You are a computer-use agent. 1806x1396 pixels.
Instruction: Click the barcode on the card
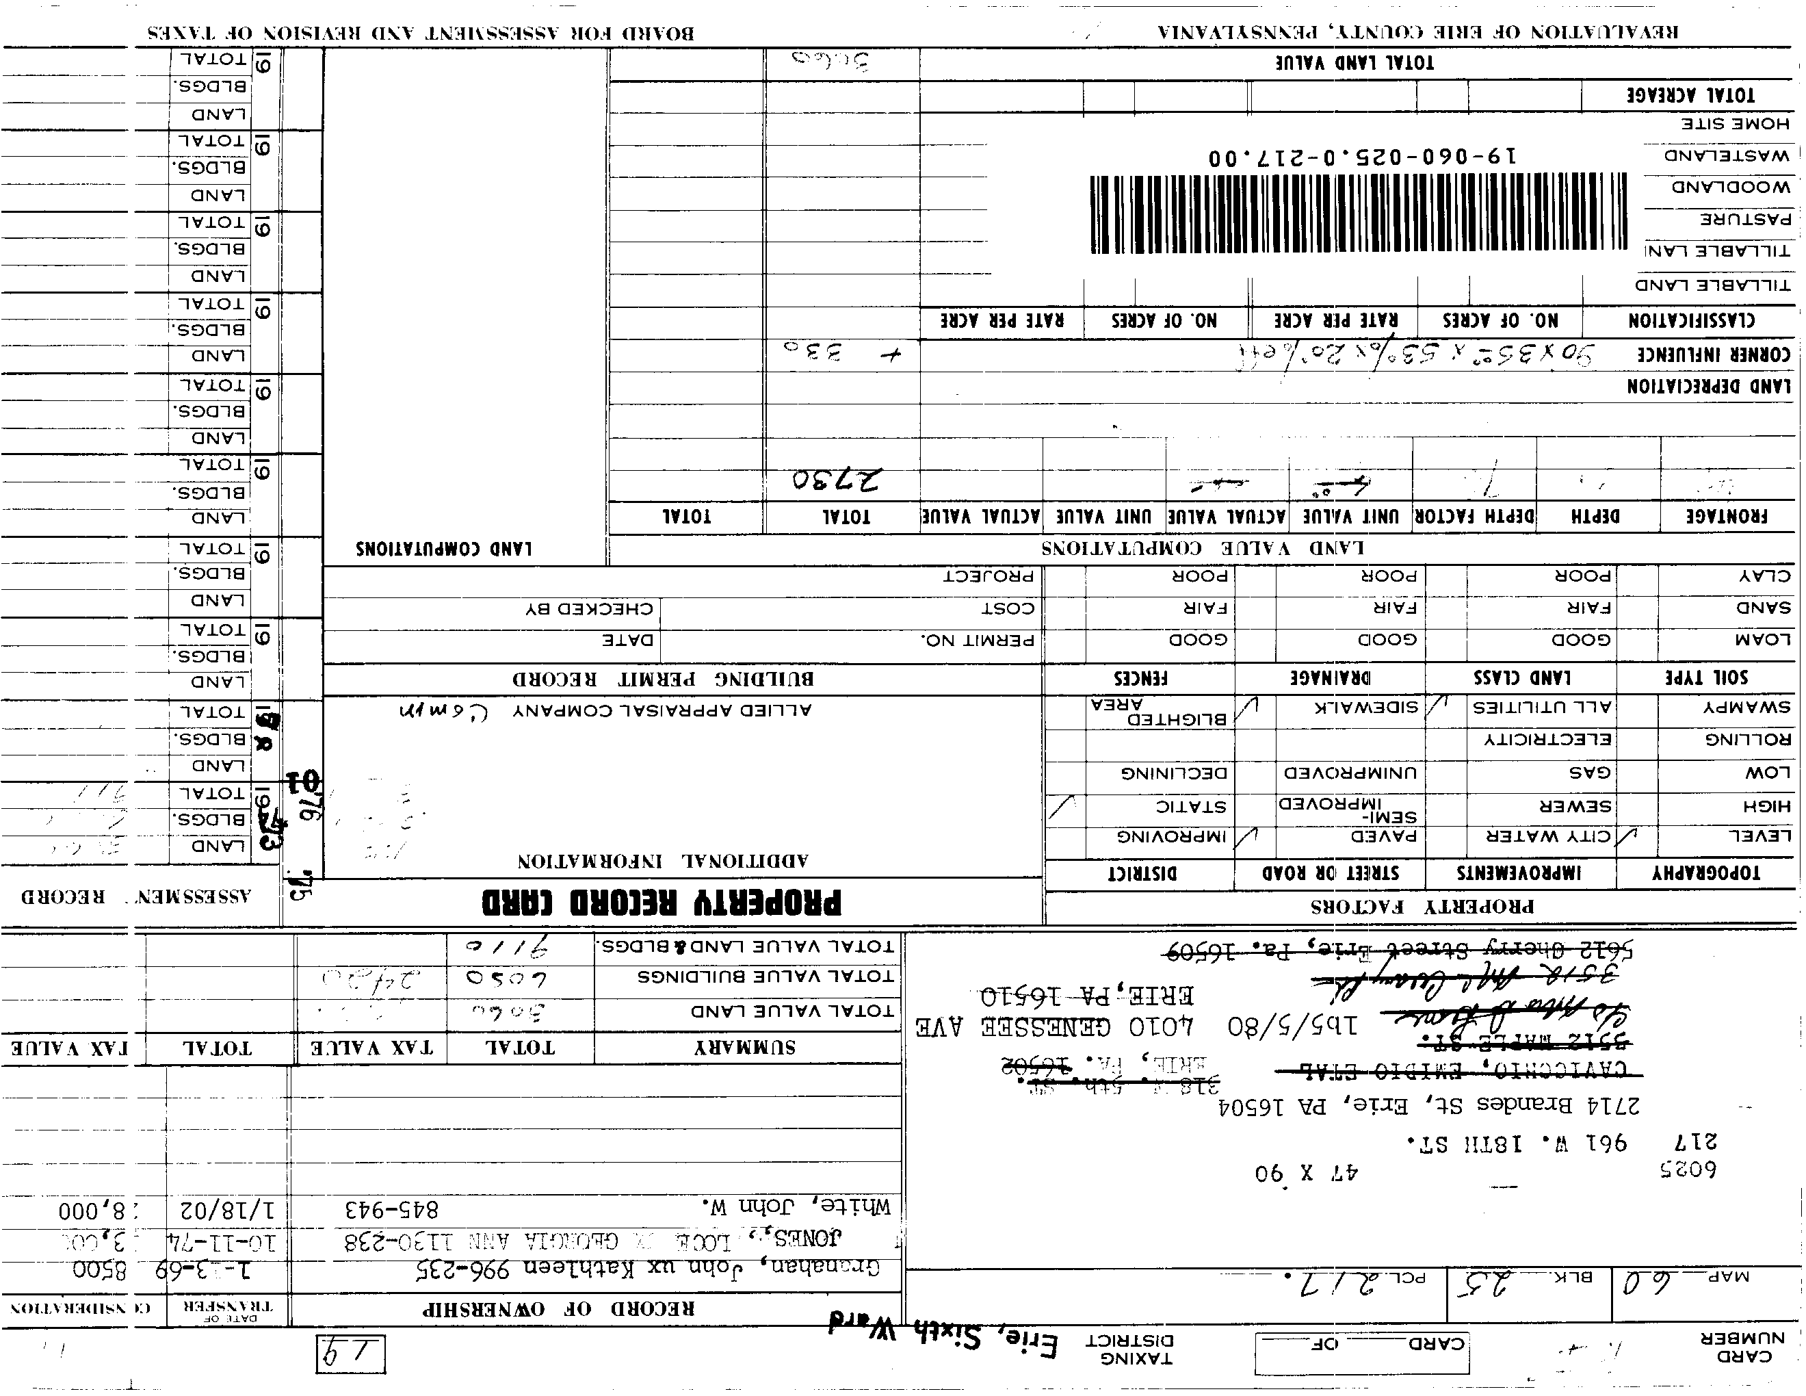pos(1356,214)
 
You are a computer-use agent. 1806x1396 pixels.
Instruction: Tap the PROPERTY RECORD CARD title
pos(662,901)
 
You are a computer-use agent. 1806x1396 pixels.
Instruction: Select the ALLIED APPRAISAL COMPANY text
pos(662,710)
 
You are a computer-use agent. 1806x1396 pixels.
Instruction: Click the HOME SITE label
pos(1735,124)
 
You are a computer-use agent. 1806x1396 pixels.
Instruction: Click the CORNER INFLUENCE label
pos(1714,354)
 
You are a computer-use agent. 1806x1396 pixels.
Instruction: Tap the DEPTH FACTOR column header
pos(1474,517)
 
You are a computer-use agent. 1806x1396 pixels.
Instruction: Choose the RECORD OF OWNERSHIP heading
pos(559,1309)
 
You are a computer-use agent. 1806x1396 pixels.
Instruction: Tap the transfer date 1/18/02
pos(226,1211)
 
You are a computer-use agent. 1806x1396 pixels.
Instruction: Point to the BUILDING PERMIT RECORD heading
pos(662,680)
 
